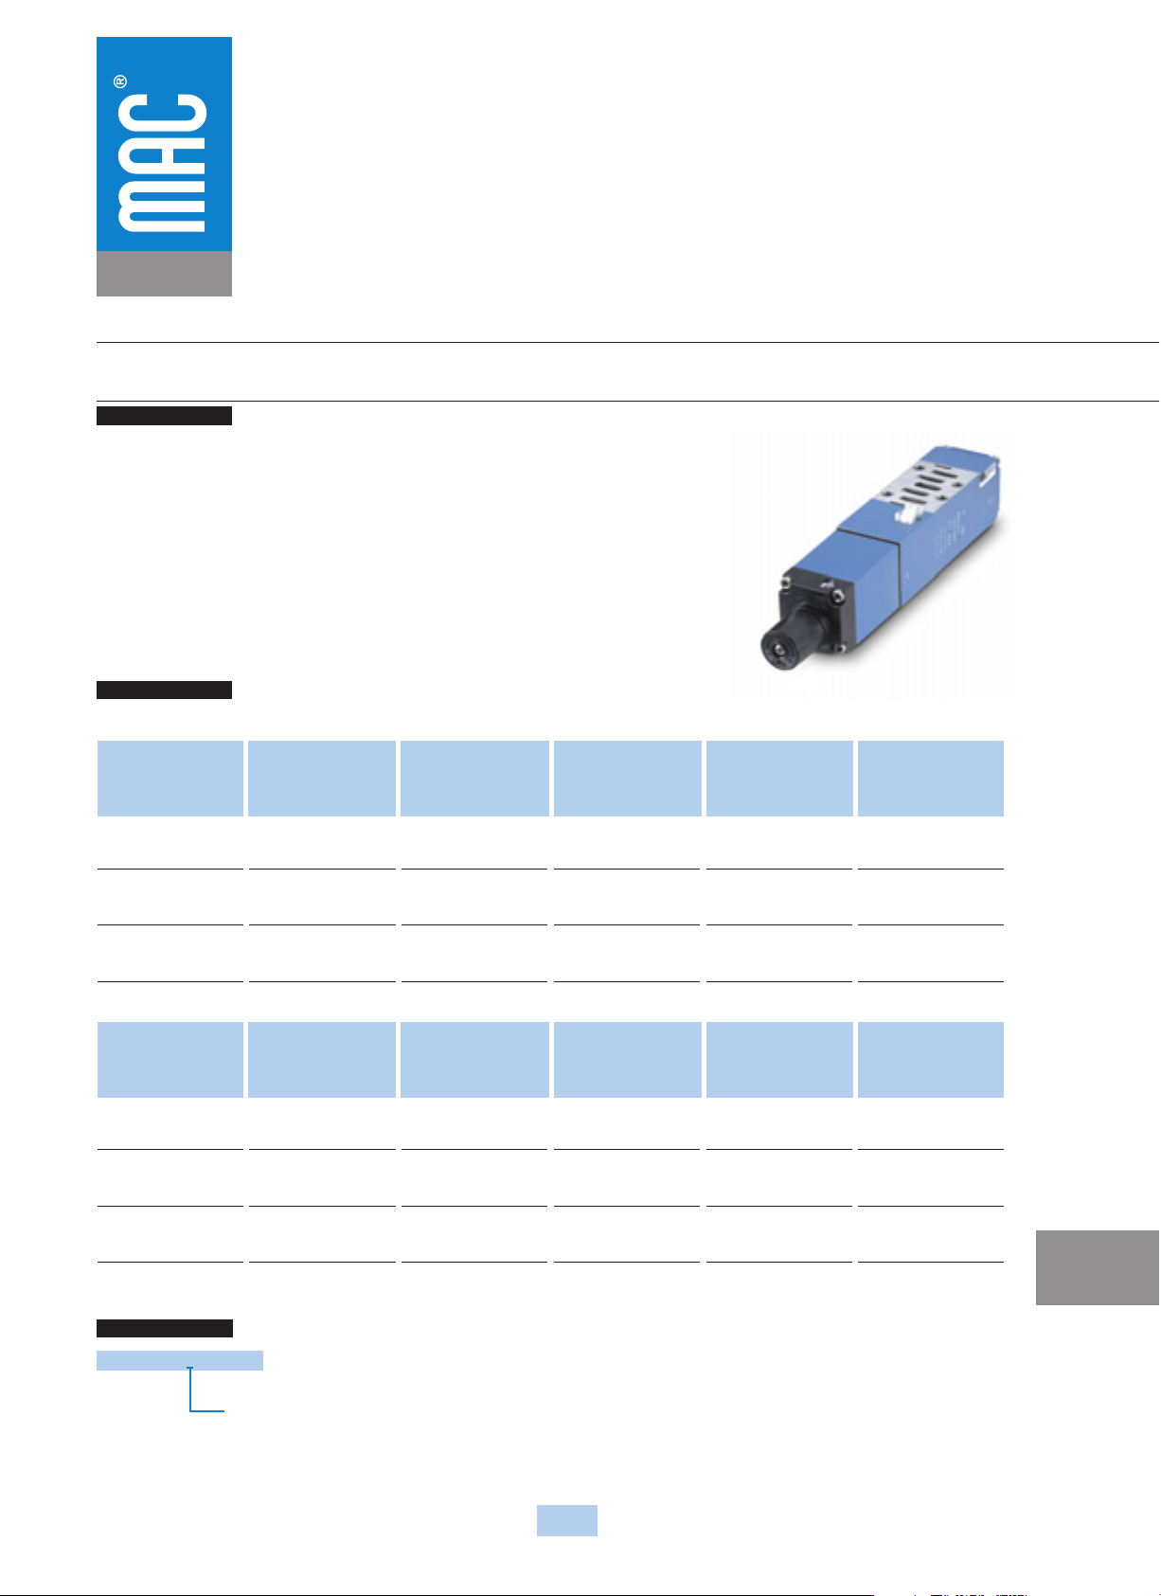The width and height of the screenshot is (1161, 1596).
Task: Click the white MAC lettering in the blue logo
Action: coord(162,163)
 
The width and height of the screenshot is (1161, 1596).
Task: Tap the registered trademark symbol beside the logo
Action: coord(120,81)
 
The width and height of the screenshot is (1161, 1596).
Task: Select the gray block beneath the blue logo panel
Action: coord(164,273)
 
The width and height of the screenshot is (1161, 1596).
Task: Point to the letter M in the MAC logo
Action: coord(162,206)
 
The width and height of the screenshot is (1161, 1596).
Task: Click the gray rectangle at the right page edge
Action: coord(1097,1266)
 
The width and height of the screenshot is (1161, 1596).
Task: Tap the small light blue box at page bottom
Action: coord(567,1520)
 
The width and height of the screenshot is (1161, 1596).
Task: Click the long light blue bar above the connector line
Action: coord(180,1359)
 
